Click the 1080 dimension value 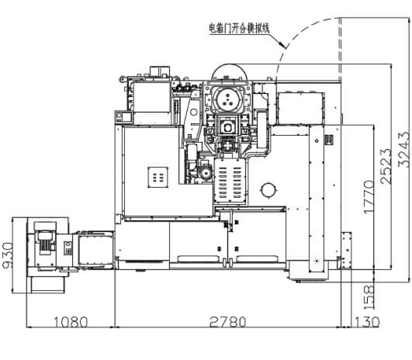pos(71,322)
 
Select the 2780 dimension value pos(228,322)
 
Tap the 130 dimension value pos(367,322)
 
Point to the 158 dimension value pos(369,297)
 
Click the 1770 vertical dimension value pos(369,197)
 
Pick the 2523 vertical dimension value pos(386,166)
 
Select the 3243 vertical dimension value pos(404,149)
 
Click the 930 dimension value pos(7,255)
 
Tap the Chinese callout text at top pos(239,29)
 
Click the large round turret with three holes pos(228,99)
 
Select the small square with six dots pos(158,177)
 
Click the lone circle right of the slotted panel pos(268,190)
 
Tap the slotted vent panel pos(230,182)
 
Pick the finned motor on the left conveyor pos(46,243)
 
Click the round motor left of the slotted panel pos(206,173)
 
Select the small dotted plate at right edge pos(347,251)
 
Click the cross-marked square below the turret pos(228,146)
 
